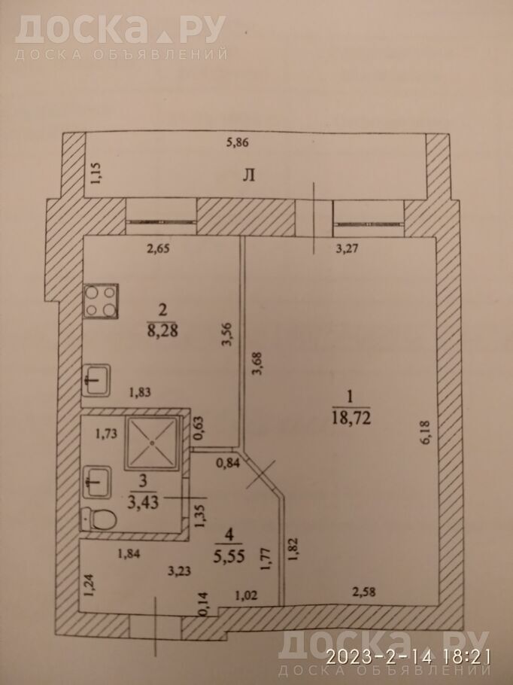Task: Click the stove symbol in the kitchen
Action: [x=101, y=301]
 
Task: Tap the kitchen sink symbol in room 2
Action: [x=96, y=380]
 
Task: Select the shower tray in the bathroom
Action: [x=153, y=443]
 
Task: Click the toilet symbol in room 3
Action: [x=99, y=519]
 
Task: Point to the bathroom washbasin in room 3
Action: [x=96, y=482]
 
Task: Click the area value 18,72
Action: [x=351, y=418]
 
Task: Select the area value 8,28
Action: [x=162, y=330]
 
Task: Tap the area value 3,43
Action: [x=143, y=502]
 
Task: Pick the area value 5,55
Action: [x=229, y=556]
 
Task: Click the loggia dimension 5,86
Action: [x=238, y=142]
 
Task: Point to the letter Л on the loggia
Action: [x=248, y=175]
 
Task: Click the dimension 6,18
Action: [x=426, y=433]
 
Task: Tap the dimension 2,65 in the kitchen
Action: [x=158, y=249]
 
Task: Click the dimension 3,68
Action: [x=259, y=364]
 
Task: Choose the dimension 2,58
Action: [x=364, y=592]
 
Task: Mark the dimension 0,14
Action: [x=205, y=604]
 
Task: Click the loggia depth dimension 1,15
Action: [x=96, y=173]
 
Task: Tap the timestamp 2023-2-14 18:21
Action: [x=408, y=656]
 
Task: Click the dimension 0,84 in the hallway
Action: [x=229, y=463]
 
